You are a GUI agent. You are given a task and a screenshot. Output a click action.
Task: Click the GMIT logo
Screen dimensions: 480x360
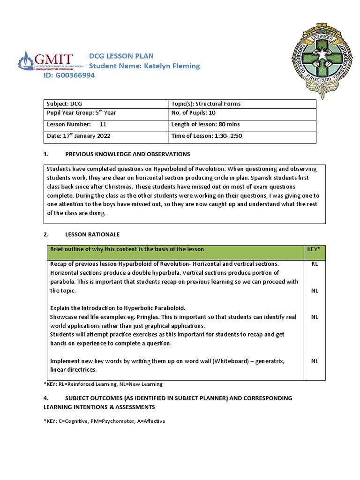[x=45, y=61]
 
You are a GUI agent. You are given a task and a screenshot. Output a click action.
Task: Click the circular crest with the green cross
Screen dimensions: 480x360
[x=321, y=59]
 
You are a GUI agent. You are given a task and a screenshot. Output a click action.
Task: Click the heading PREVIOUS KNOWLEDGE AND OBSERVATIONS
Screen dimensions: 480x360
[x=127, y=154]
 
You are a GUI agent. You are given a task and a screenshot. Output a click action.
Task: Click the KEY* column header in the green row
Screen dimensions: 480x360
[x=313, y=249]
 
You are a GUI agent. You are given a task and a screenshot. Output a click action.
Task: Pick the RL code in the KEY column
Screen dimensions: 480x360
[x=315, y=264]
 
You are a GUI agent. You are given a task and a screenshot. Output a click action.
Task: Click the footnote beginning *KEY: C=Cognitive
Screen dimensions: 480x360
[x=104, y=421]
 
